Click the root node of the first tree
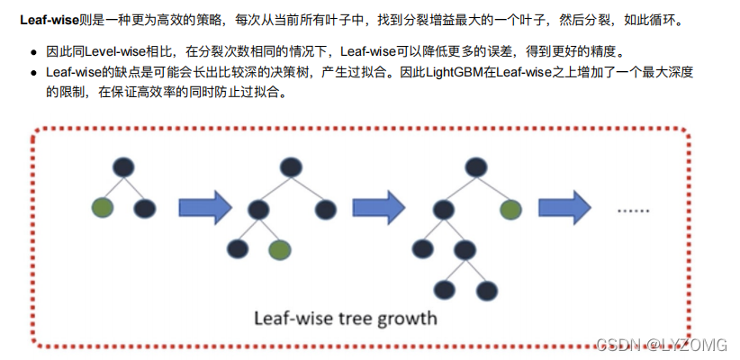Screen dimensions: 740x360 (123, 167)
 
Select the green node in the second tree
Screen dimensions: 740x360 (279, 249)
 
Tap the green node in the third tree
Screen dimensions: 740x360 (510, 210)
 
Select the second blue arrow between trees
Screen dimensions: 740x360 (378, 208)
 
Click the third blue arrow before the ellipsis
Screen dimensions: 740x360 (564, 208)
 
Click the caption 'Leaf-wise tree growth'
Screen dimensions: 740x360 (345, 317)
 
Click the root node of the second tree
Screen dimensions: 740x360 (289, 167)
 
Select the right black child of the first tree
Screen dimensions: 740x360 (144, 210)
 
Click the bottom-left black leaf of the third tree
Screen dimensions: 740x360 (444, 290)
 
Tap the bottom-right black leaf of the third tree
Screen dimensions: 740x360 (487, 290)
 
